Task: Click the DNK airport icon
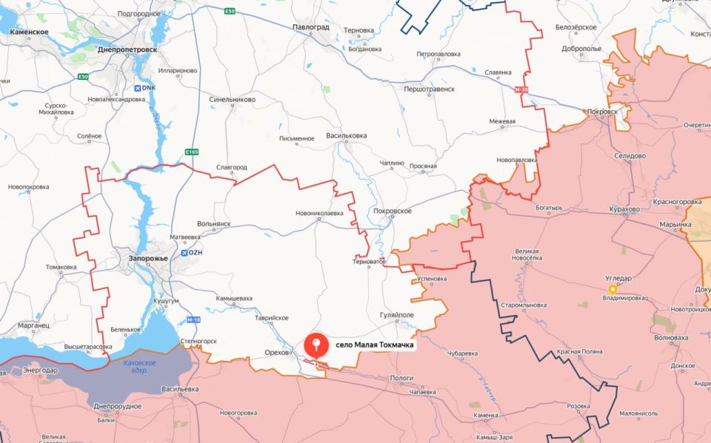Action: pyautogui.click(x=138, y=88)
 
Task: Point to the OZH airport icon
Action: pyautogui.click(x=183, y=252)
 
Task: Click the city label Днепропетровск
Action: pyautogui.click(x=127, y=50)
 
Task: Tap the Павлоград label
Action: pyautogui.click(x=311, y=27)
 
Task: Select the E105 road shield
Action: pyautogui.click(x=191, y=152)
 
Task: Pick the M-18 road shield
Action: pyautogui.click(x=193, y=319)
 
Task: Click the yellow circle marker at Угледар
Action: pyautogui.click(x=612, y=289)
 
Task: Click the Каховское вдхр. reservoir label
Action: pyautogui.click(x=139, y=365)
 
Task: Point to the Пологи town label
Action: pyautogui.click(x=401, y=377)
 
